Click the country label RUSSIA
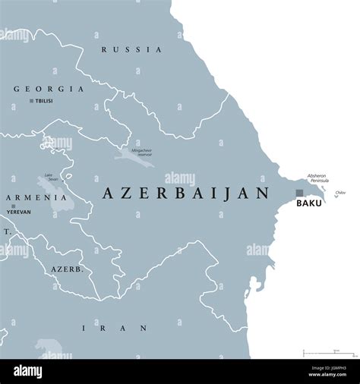coord(131,50)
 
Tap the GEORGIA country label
coord(48,89)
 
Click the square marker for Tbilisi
coord(31,101)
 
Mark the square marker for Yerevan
coord(13,205)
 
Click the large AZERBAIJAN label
coord(185,194)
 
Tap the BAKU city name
coord(308,203)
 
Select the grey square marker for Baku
coord(299,193)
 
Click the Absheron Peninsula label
coord(318,178)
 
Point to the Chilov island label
coord(339,193)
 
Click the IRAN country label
coord(115,328)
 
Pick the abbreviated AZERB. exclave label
coord(66,269)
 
